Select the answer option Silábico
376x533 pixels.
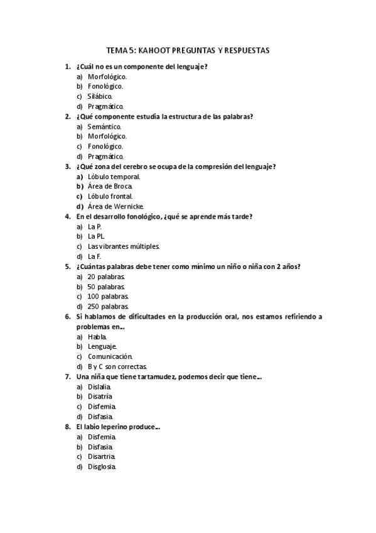tap(100, 96)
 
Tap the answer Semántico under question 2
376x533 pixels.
tap(104, 126)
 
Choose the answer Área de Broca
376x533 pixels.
tap(110, 187)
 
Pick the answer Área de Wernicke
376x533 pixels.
tap(115, 206)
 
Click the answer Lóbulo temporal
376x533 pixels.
tap(114, 177)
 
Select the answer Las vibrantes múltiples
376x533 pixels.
tap(124, 246)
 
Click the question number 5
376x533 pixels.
tap(67, 266)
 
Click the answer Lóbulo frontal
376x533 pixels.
tap(110, 197)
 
